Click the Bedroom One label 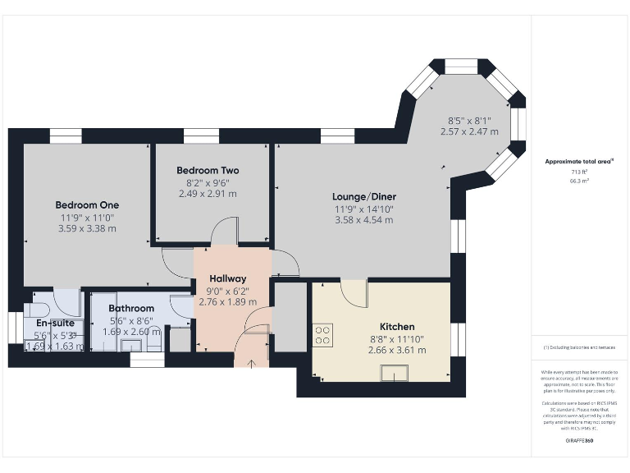click(x=87, y=204)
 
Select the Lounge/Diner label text click(x=363, y=196)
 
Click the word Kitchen click(x=396, y=326)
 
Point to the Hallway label click(x=227, y=278)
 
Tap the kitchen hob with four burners click(x=323, y=335)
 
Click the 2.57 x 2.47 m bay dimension click(x=468, y=131)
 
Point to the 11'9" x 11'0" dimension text click(x=87, y=217)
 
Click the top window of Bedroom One click(x=65, y=136)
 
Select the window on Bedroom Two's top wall click(x=195, y=136)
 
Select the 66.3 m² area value click(x=580, y=184)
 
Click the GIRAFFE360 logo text click(x=580, y=441)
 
